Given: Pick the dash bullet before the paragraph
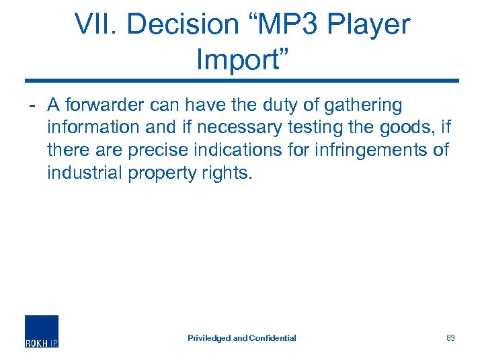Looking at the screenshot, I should [x=32, y=106].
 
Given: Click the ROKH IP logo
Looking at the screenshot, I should [x=42, y=331].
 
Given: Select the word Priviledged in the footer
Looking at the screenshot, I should [x=209, y=338].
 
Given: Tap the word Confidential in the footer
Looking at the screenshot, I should [x=272, y=338].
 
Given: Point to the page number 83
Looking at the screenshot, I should [x=450, y=338].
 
